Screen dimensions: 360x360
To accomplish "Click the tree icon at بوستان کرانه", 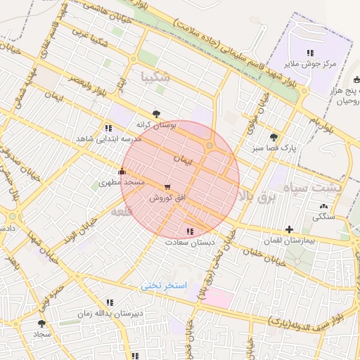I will (155, 112).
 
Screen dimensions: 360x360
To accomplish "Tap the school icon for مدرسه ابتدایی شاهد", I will (108, 128).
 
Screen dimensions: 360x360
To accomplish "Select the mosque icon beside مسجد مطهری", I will (122, 170).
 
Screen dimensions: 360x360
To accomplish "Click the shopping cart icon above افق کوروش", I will (167, 187).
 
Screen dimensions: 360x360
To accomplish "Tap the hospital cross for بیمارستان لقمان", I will (289, 229).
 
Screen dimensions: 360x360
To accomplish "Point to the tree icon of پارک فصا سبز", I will (274, 137).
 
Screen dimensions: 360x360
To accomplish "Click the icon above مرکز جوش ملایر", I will (310, 53).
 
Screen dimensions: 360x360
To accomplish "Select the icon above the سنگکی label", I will (323, 206).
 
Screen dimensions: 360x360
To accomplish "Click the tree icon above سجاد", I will (41, 323).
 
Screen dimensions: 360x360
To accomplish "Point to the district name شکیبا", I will (155, 77).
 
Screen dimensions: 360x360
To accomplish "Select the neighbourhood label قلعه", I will (122, 210).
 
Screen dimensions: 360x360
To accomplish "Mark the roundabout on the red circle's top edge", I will (210, 145).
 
